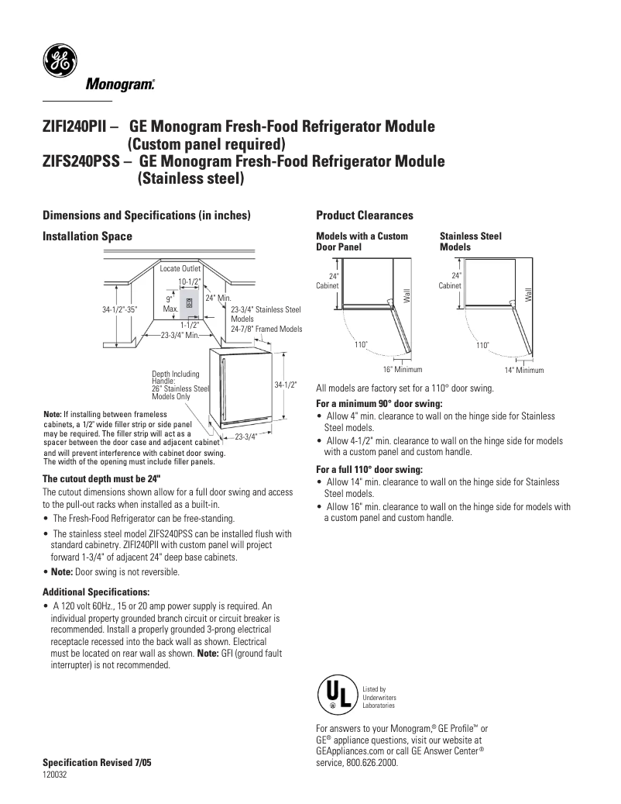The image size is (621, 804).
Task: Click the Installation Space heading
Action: coord(87,236)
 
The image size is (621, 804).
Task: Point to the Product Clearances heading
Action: coord(365,215)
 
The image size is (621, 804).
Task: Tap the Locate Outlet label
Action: coord(180,268)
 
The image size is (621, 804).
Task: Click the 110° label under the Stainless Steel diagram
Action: coord(483,345)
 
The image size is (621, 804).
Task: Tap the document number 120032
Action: coord(54,775)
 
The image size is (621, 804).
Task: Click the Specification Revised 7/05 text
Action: coord(97,763)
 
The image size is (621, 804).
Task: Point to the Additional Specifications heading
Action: coord(91,592)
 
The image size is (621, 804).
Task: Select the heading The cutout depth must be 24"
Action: coord(100,478)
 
